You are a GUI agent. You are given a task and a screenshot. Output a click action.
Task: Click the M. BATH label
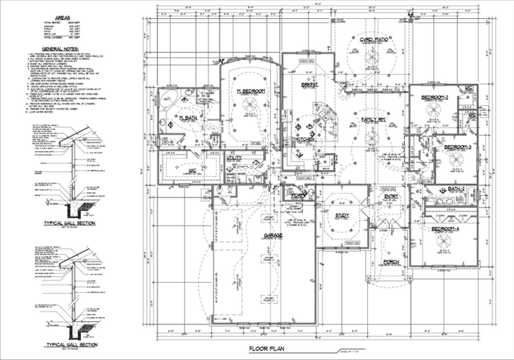[x=187, y=119]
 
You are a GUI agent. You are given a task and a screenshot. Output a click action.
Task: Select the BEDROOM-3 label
[x=457, y=147]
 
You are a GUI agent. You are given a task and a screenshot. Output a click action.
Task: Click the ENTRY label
[x=391, y=197]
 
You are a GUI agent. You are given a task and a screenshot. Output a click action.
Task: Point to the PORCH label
[x=391, y=262]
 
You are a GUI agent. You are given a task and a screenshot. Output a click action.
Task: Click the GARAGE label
[x=273, y=236]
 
